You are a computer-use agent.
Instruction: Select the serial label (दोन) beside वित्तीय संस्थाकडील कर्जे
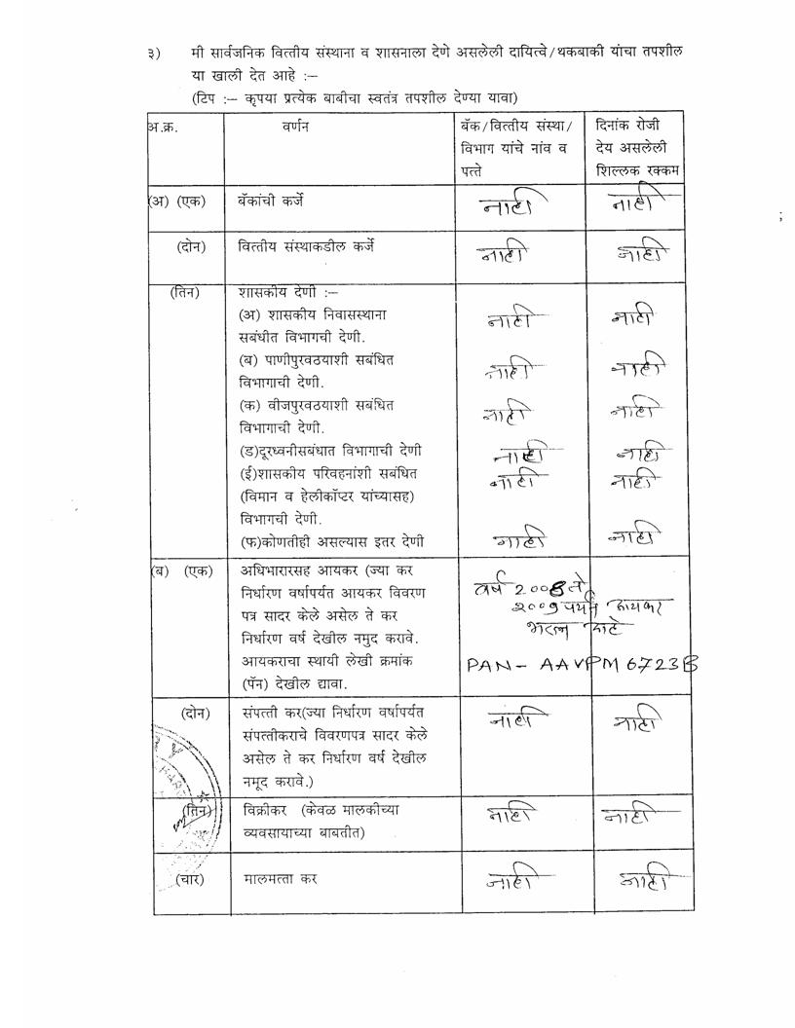click(x=190, y=246)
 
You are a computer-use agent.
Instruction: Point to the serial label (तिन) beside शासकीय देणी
click(x=185, y=291)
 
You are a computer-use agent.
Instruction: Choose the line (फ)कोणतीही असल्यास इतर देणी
click(x=331, y=540)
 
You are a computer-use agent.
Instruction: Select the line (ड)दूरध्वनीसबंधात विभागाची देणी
click(x=331, y=450)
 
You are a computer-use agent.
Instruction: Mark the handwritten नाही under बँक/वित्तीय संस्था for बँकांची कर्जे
click(x=512, y=203)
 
